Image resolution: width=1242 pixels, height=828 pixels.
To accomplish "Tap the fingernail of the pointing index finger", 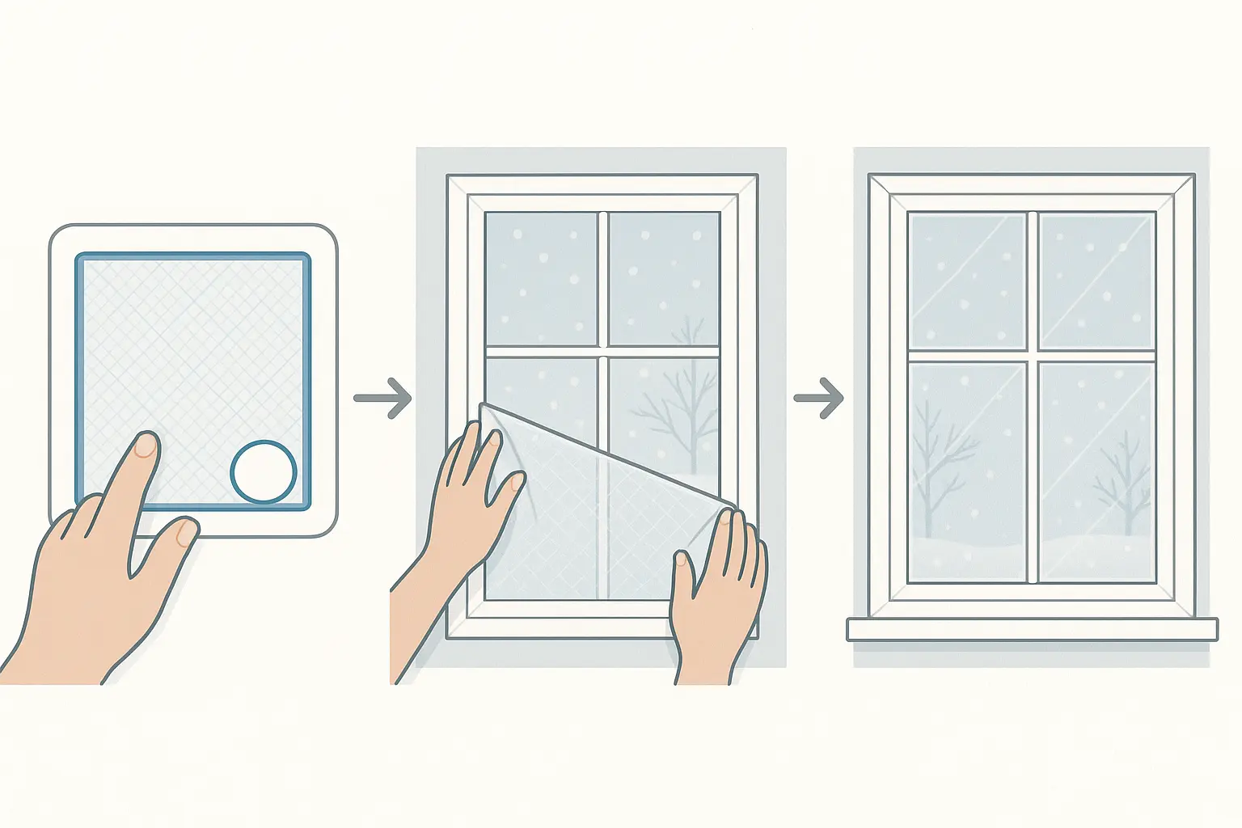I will [146, 446].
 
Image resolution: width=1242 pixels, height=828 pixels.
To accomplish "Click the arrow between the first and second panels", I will [383, 398].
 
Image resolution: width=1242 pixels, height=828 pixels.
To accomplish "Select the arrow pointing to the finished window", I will [819, 398].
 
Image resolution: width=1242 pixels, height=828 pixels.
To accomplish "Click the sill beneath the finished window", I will [1032, 629].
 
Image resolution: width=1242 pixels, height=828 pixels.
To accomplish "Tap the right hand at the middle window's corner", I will [716, 590].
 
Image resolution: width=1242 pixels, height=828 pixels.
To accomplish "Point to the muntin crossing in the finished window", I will [1032, 356].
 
